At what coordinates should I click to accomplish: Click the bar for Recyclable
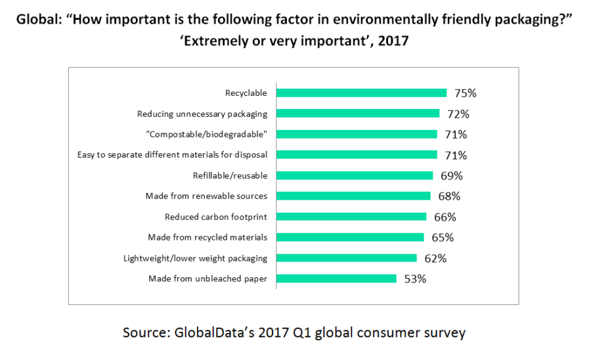(361, 93)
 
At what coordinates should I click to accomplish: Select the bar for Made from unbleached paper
(336, 279)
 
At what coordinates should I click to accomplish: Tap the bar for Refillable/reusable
(355, 175)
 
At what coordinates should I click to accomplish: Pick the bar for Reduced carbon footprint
(351, 217)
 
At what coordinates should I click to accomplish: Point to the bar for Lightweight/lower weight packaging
(347, 258)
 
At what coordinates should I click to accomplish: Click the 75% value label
(464, 93)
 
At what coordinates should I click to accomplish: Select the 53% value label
(414, 279)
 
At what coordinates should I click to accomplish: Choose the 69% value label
(450, 175)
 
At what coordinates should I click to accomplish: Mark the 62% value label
(435, 258)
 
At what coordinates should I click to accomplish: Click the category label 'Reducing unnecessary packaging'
(202, 114)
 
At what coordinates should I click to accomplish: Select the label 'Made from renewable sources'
(206, 196)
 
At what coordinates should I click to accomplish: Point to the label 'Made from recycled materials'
(207, 237)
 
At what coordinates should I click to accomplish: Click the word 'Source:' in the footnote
(146, 332)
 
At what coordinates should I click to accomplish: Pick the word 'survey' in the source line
(443, 332)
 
